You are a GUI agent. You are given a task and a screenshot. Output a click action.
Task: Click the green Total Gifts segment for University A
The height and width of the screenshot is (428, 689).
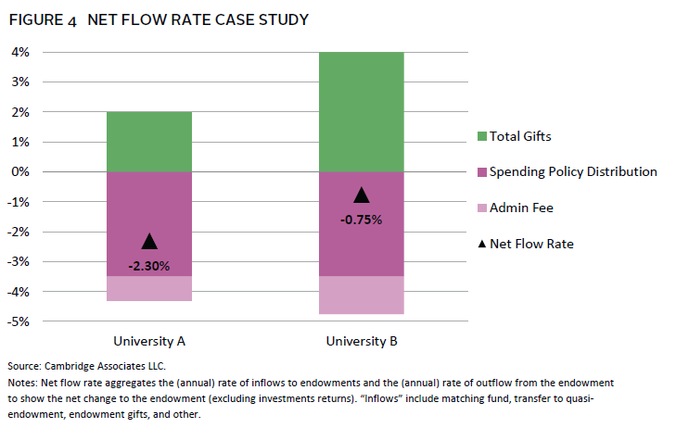(x=149, y=142)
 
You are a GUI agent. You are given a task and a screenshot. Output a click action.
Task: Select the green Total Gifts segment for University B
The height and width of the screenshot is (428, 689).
(x=362, y=111)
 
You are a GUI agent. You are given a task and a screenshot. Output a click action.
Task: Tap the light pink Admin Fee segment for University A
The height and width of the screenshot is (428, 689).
(x=149, y=288)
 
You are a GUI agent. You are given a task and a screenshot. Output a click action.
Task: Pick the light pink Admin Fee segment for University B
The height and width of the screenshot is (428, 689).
(x=362, y=296)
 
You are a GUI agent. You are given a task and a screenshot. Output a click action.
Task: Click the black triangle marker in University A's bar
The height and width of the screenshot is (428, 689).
(x=149, y=242)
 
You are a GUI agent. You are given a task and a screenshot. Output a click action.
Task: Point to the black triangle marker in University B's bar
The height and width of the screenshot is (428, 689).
(x=362, y=195)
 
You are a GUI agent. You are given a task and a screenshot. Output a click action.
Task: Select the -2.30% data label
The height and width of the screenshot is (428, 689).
(x=149, y=267)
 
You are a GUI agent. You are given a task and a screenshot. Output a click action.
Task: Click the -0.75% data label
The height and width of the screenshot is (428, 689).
(x=362, y=220)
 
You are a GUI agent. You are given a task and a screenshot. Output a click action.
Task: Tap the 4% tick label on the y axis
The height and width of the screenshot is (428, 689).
(x=21, y=52)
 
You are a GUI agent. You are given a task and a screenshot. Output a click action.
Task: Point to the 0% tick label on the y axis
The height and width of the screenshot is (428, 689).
(x=21, y=171)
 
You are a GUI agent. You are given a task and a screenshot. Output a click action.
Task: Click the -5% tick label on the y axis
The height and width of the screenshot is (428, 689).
(x=19, y=321)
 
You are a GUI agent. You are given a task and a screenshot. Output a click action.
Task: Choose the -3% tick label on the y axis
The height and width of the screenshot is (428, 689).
(x=19, y=261)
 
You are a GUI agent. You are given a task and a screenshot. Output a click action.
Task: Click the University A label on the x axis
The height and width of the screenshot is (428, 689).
(x=149, y=341)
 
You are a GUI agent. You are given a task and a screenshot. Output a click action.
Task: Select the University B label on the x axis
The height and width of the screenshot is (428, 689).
(x=362, y=341)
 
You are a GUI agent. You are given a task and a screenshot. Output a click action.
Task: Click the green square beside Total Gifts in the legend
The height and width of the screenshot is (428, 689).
(x=480, y=137)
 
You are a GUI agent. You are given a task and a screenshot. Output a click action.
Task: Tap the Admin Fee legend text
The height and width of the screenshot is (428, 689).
(x=521, y=208)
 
